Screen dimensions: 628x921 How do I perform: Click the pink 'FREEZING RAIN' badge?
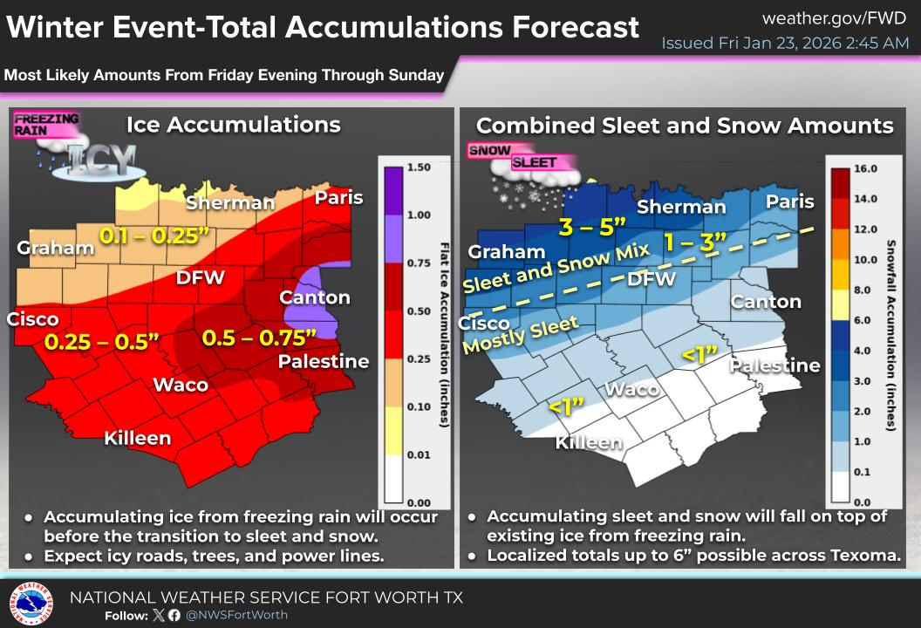click(x=46, y=125)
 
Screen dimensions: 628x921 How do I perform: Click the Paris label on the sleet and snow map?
click(x=789, y=201)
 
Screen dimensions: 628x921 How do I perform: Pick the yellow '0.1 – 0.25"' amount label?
click(x=155, y=235)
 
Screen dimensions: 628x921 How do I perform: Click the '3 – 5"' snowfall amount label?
click(x=592, y=226)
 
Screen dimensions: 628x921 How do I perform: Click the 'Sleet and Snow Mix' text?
click(x=557, y=268)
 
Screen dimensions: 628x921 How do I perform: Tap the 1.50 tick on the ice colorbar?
click(x=421, y=166)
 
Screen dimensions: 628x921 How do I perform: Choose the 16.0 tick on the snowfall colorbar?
click(x=864, y=167)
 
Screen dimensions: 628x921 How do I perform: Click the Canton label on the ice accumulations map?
click(x=314, y=297)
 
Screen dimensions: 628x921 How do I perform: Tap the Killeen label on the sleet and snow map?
click(x=589, y=442)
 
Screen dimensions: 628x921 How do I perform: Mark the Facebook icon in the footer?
click(x=174, y=615)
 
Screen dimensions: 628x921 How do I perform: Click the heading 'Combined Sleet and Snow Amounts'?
click(x=685, y=125)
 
